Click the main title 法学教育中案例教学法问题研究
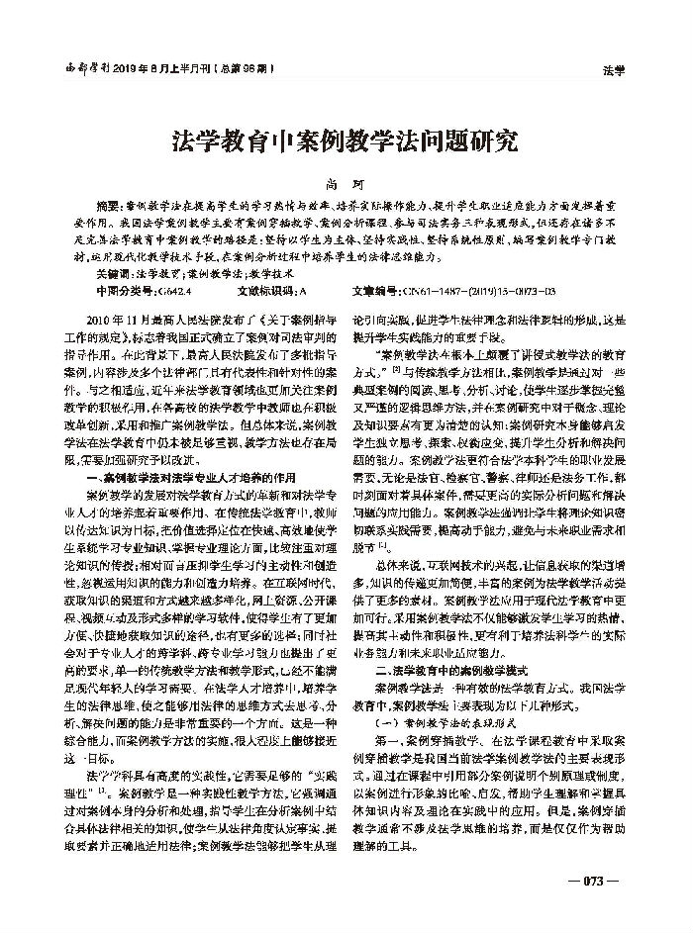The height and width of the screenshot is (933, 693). click(346, 140)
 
